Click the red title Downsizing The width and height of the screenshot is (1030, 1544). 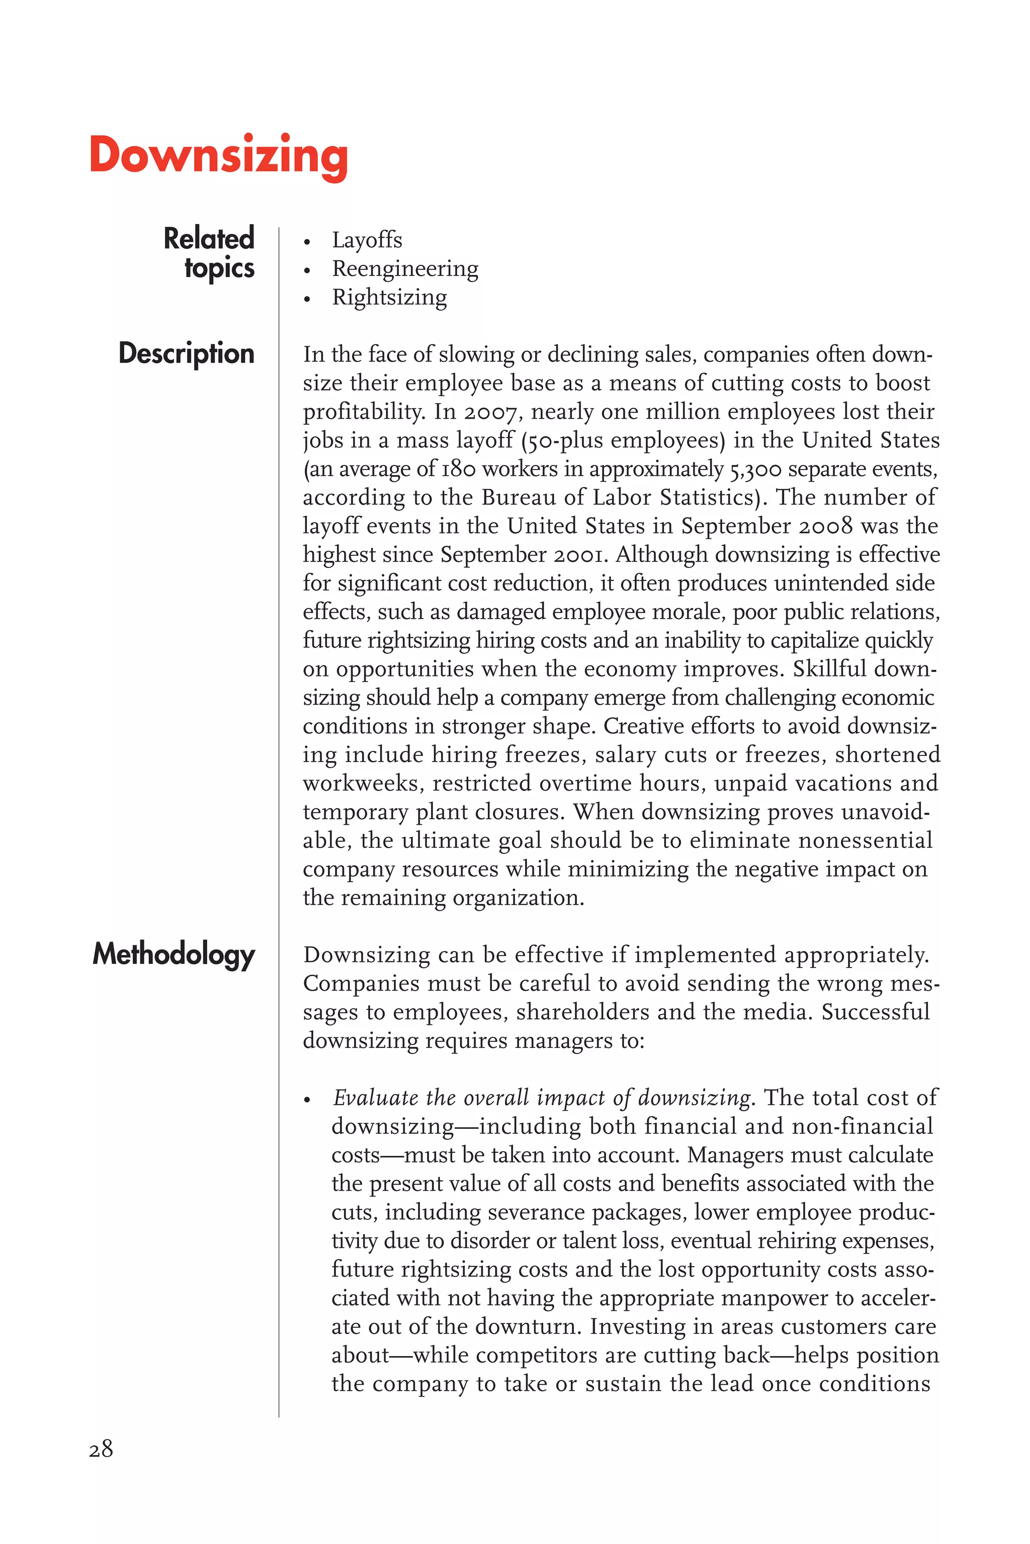click(218, 156)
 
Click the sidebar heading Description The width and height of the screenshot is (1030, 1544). click(186, 354)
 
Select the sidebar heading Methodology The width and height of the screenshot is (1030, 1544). click(174, 954)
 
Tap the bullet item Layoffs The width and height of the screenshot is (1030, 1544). click(367, 240)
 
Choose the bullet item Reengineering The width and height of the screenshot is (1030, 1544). click(405, 269)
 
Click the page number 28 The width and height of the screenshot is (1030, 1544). click(101, 1449)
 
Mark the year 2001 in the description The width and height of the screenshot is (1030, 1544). click(577, 555)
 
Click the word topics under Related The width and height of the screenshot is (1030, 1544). click(219, 268)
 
